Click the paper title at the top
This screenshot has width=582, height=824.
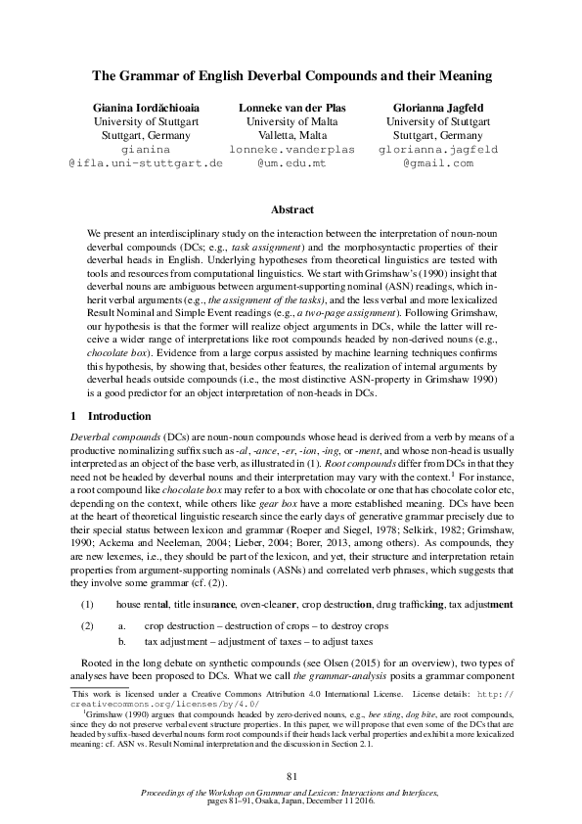291,75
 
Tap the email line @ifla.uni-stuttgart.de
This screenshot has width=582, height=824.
146,163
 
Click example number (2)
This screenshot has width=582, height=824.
87,624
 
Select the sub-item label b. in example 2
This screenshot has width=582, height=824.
122,640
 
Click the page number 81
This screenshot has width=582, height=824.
291,777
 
